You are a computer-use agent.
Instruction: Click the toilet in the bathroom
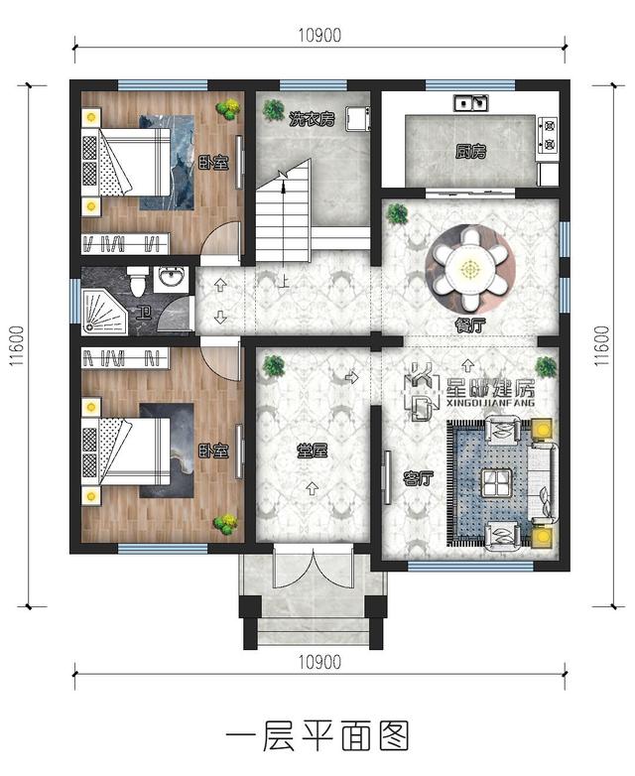pyautogui.click(x=137, y=280)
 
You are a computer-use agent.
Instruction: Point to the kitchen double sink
pyautogui.click(x=471, y=102)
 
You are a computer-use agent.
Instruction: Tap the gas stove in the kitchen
pyautogui.click(x=548, y=134)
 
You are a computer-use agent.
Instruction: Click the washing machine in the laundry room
pyautogui.click(x=358, y=119)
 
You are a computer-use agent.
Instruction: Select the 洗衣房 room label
pyautogui.click(x=312, y=119)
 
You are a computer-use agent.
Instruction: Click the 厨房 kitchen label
pyautogui.click(x=470, y=152)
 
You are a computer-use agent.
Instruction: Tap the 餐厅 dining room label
pyautogui.click(x=470, y=325)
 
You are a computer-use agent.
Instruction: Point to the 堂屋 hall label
pyautogui.click(x=312, y=451)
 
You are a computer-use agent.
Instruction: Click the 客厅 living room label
pyautogui.click(x=419, y=478)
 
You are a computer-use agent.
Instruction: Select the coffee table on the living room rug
pyautogui.click(x=495, y=483)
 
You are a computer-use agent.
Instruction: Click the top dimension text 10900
pyautogui.click(x=319, y=36)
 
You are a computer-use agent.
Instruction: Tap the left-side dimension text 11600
pyautogui.click(x=16, y=346)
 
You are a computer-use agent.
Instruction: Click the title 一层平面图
pyautogui.click(x=317, y=736)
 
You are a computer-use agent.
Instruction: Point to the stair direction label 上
pyautogui.click(x=284, y=282)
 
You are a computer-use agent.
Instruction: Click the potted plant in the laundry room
pyautogui.click(x=273, y=109)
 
